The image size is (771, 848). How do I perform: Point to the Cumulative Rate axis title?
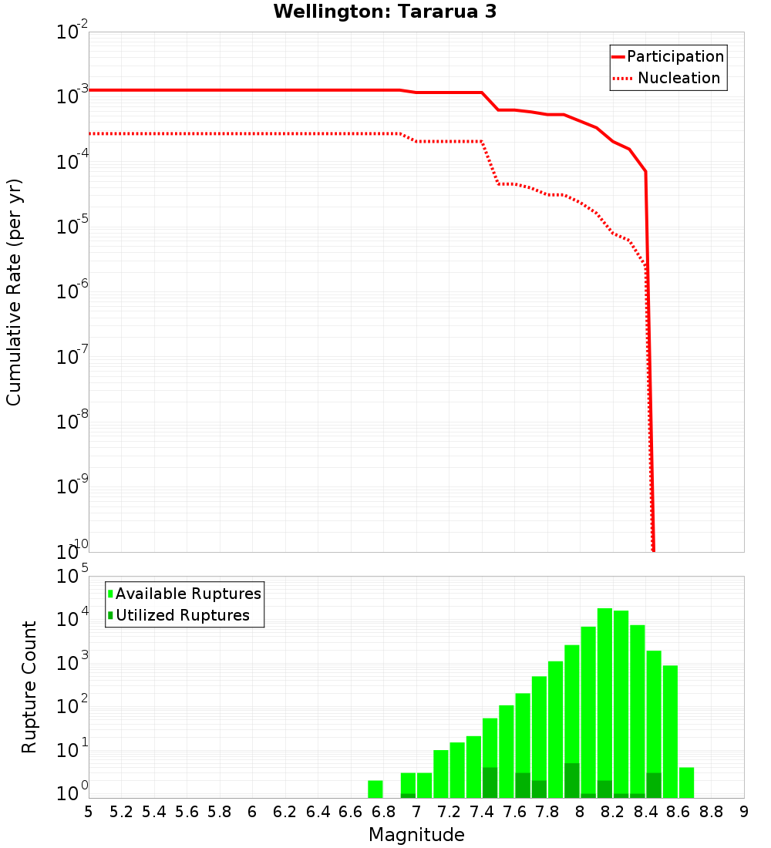pyautogui.click(x=14, y=292)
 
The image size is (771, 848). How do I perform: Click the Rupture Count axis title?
pyautogui.click(x=29, y=687)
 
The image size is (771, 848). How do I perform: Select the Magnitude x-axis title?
pyautogui.click(x=416, y=835)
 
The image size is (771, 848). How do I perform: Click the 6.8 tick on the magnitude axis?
pyautogui.click(x=383, y=811)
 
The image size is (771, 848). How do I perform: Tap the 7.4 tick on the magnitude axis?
pyautogui.click(x=482, y=811)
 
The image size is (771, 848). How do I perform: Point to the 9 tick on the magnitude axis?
pyautogui.click(x=744, y=811)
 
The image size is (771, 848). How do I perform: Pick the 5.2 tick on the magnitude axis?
pyautogui.click(x=121, y=811)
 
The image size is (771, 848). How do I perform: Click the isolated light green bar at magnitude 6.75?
pyautogui.click(x=375, y=789)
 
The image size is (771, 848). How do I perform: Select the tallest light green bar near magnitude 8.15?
pyautogui.click(x=604, y=694)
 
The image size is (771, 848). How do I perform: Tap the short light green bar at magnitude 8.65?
pyautogui.click(x=686, y=782)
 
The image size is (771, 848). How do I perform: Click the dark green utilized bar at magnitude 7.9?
pyautogui.click(x=572, y=780)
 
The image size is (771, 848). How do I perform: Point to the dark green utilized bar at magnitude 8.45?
pyautogui.click(x=654, y=785)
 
